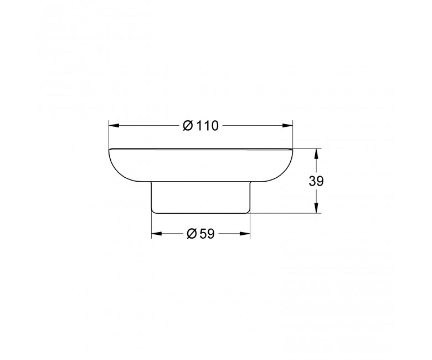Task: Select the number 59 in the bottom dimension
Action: click(x=207, y=234)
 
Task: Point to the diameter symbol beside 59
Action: click(x=192, y=234)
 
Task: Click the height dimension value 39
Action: click(x=316, y=181)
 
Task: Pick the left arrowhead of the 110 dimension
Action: click(x=114, y=126)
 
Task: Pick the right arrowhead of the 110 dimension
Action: click(x=287, y=126)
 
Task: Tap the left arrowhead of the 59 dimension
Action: click(x=157, y=234)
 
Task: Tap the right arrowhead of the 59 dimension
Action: click(x=245, y=234)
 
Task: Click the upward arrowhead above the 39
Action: click(x=316, y=154)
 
